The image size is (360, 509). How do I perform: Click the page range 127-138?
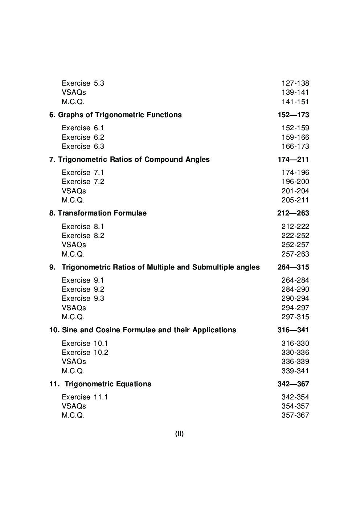(295, 83)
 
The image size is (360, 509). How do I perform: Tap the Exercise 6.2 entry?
(83, 137)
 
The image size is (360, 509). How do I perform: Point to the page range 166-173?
(295, 146)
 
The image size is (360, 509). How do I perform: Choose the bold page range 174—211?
(293, 159)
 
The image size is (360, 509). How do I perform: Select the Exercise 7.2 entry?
(83, 181)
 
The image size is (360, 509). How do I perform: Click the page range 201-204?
(295, 191)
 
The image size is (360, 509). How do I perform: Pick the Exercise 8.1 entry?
(83, 226)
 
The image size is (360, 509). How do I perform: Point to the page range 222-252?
(295, 235)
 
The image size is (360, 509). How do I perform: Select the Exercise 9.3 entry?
(83, 298)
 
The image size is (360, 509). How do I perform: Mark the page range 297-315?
(295, 317)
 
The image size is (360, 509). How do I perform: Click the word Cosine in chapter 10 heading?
(108, 330)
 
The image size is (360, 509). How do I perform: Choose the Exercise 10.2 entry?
(85, 352)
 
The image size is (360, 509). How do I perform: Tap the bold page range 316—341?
(293, 330)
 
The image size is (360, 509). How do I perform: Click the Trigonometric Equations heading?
(108, 384)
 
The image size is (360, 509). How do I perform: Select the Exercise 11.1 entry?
(85, 397)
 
